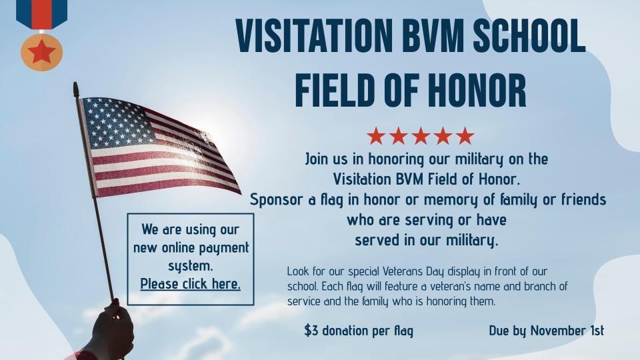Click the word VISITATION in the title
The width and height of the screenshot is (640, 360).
(314, 35)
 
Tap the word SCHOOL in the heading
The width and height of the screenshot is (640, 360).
(529, 35)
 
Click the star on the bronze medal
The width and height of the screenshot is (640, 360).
(41, 52)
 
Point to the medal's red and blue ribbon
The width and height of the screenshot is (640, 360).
(41, 14)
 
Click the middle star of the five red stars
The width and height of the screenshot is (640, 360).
(421, 136)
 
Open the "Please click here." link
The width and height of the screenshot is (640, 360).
(190, 284)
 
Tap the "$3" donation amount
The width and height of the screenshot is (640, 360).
(311, 330)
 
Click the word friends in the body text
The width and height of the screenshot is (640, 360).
(584, 199)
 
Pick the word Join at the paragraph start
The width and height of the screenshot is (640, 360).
(317, 159)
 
